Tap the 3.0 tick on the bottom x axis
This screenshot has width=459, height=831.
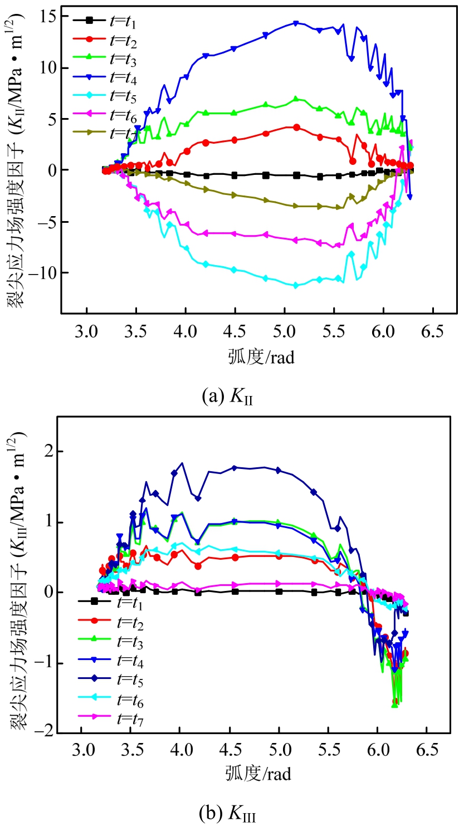pos(82,747)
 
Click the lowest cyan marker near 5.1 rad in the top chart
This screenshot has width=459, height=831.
pos(296,285)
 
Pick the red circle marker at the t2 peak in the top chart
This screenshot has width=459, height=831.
pos(296,127)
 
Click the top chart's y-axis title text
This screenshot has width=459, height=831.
pos(15,162)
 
